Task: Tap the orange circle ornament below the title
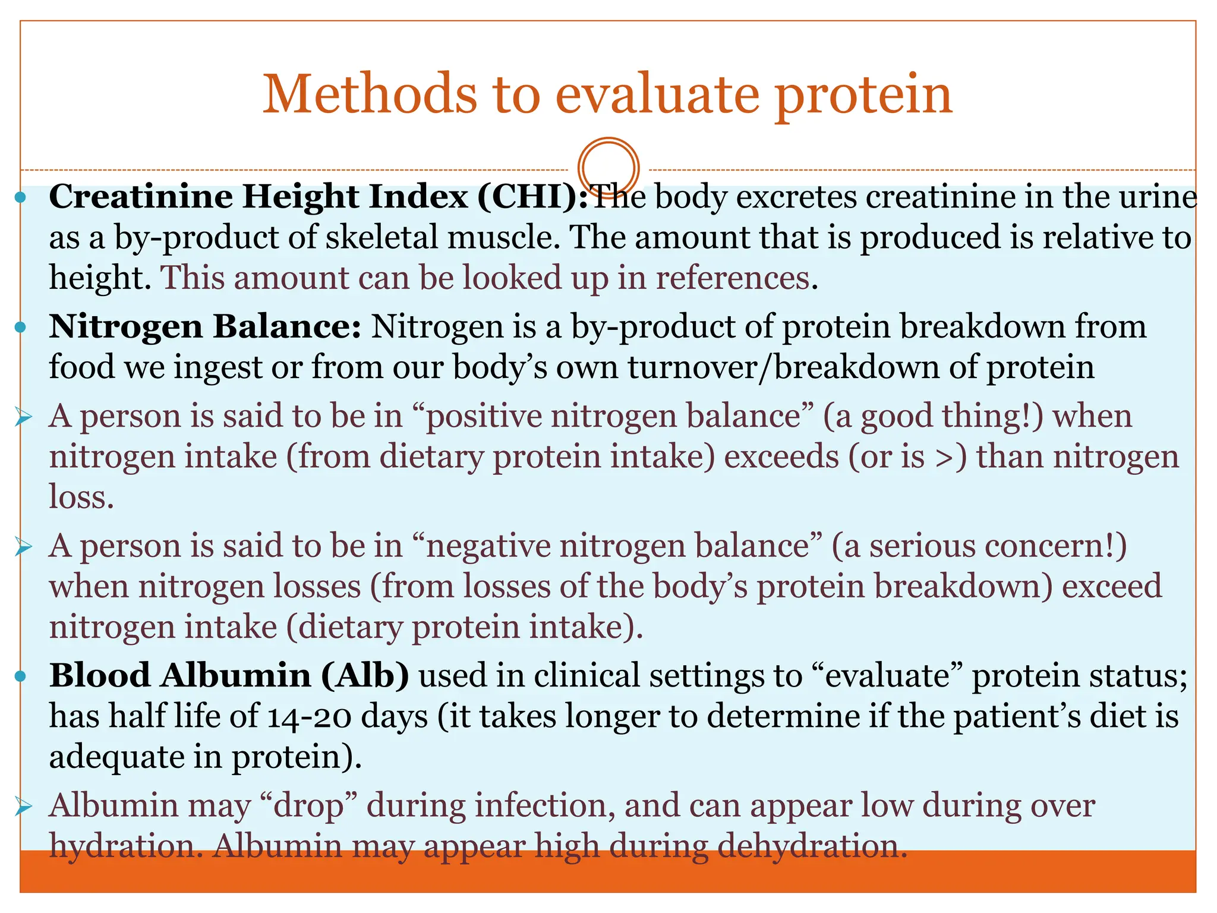coord(608,168)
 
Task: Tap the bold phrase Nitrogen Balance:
coord(205,327)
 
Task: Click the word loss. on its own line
coord(81,498)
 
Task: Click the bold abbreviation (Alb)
coord(365,676)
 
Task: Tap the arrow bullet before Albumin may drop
coord(24,807)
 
